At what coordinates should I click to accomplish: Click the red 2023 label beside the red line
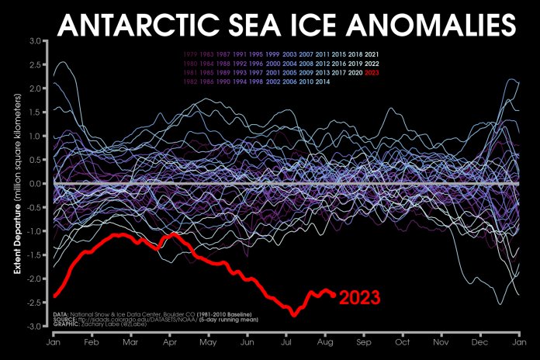tap(360, 297)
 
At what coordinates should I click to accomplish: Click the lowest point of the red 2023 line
tap(294, 313)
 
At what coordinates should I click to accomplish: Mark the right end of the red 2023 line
tap(334, 294)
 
